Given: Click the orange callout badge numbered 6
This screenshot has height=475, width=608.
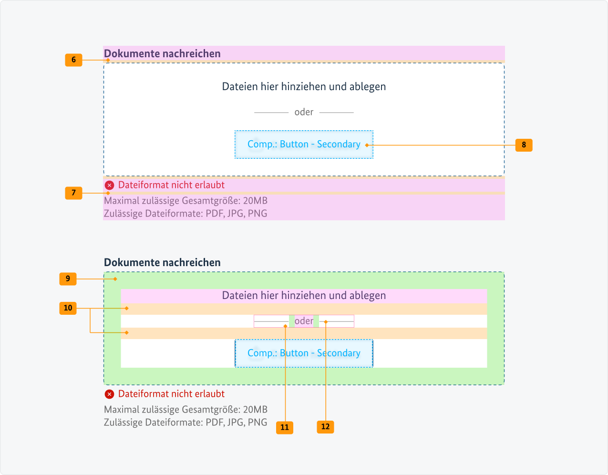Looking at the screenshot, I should click(73, 60).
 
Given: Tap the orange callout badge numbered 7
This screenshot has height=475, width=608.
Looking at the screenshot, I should click(73, 193).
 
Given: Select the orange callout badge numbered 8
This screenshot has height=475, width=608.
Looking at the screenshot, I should click(524, 145).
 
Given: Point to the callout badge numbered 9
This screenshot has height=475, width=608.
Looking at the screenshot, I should click(68, 279).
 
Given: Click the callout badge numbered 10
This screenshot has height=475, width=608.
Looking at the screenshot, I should click(68, 308).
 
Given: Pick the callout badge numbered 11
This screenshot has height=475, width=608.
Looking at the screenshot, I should click(285, 427).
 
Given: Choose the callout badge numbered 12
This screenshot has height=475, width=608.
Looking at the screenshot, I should click(325, 427).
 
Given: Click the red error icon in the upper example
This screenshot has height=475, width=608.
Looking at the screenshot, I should click(109, 186).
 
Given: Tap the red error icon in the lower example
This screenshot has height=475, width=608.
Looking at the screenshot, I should click(109, 394).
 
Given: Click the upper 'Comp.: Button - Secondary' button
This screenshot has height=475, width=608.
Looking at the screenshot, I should click(304, 145).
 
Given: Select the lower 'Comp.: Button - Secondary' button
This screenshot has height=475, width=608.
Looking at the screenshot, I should click(304, 353).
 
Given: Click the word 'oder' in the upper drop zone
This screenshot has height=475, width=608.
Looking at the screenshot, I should click(304, 112).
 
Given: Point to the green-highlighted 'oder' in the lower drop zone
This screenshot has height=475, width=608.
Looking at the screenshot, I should click(304, 321).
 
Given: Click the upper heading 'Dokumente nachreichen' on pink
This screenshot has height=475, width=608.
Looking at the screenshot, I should click(162, 53).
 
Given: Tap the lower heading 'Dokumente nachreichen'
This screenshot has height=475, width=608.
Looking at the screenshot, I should click(162, 262).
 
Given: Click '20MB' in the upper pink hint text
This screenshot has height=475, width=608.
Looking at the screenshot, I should click(255, 201).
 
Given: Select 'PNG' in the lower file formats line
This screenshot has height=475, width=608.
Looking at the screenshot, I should click(258, 423).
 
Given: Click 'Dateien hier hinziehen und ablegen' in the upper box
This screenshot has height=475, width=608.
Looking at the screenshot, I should click(304, 87).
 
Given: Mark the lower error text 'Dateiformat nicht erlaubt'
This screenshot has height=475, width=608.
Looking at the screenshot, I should click(171, 394).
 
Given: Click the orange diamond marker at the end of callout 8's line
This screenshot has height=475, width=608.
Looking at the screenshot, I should click(367, 145).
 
